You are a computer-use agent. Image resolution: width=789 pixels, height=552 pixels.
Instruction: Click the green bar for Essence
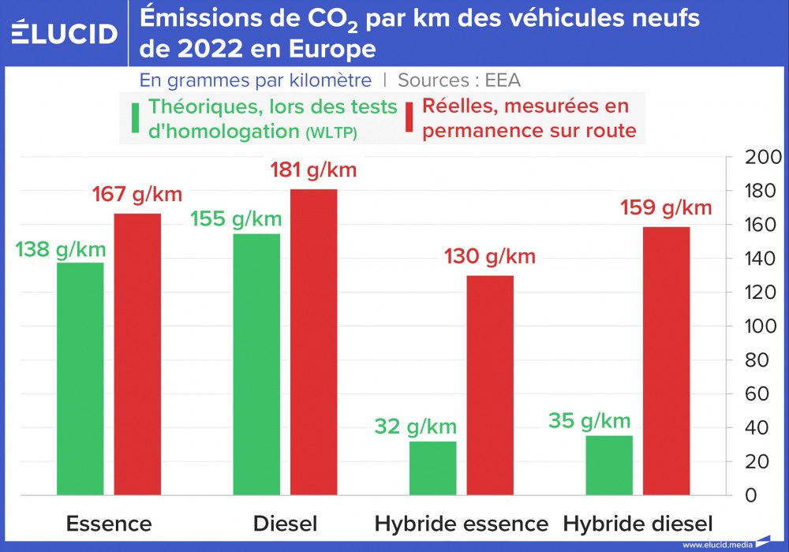pyautogui.click(x=80, y=379)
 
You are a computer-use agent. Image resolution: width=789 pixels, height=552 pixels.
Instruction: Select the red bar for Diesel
pyautogui.click(x=314, y=342)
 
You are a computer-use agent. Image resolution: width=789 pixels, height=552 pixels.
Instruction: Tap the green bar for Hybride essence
pyautogui.click(x=432, y=468)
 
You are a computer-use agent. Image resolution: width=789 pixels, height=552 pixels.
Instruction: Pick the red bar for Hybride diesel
pyautogui.click(x=667, y=361)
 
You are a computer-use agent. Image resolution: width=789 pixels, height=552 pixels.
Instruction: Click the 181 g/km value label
pyautogui.click(x=314, y=170)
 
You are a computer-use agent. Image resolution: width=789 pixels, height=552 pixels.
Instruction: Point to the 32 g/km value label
pyautogui.click(x=416, y=427)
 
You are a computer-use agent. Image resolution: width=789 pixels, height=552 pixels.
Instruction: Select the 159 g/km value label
pyautogui.click(x=666, y=208)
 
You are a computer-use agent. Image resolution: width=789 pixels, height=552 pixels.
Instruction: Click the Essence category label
pyautogui.click(x=109, y=524)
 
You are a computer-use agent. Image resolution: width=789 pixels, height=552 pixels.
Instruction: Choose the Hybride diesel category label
pyautogui.click(x=638, y=524)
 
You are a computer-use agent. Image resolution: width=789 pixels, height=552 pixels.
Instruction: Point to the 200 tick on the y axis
pyautogui.click(x=763, y=158)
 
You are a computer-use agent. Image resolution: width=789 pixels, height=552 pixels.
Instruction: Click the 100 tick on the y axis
pyautogui.click(x=763, y=326)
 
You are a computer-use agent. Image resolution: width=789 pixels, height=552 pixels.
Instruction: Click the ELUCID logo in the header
pyautogui.click(x=65, y=33)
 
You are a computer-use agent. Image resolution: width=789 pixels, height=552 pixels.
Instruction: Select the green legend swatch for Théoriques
pyautogui.click(x=136, y=118)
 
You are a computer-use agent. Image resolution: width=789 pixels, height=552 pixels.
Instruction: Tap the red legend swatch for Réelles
pyautogui.click(x=410, y=118)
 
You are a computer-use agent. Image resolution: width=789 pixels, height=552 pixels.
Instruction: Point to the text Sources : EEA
pyautogui.click(x=459, y=80)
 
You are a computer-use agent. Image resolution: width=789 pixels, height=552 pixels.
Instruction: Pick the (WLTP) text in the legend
pyautogui.click(x=331, y=133)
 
